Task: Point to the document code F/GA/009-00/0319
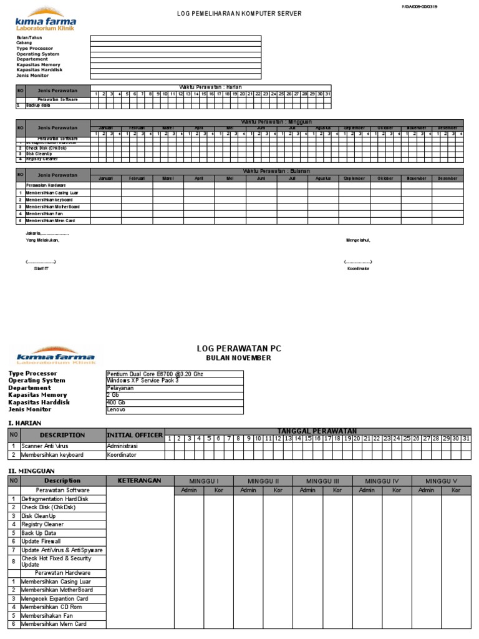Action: (x=425, y=6)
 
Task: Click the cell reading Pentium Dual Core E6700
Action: (x=155, y=374)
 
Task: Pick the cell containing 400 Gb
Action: (x=117, y=402)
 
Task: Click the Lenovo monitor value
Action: (x=117, y=410)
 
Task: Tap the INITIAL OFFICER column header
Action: (x=135, y=435)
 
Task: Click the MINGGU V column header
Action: (x=441, y=480)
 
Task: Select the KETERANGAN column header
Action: (x=140, y=480)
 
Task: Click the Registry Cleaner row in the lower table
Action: (x=42, y=525)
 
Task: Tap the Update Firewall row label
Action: (x=41, y=542)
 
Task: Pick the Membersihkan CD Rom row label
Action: (x=51, y=607)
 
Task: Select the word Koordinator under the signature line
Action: (x=359, y=268)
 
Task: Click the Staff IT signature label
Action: (x=41, y=268)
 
